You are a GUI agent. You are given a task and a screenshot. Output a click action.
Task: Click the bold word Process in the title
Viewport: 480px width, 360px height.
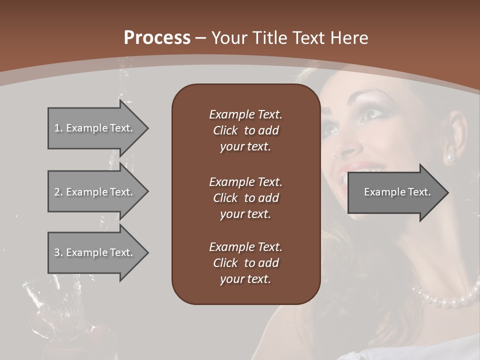(157, 38)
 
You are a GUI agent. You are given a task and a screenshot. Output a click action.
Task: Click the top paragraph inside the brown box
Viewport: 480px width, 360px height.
(245, 130)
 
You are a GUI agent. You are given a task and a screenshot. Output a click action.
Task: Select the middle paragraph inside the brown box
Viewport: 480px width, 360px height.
(245, 197)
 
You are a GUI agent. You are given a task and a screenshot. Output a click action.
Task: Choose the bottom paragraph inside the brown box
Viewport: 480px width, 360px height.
(245, 263)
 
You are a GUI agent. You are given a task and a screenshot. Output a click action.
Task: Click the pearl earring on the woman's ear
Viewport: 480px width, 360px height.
(449, 158)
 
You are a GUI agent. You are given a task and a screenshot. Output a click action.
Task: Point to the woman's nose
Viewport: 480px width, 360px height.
(346, 145)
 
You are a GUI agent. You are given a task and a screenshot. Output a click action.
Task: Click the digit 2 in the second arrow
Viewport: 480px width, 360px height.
(56, 192)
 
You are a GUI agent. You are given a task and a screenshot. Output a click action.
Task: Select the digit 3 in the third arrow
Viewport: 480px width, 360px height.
(56, 252)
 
